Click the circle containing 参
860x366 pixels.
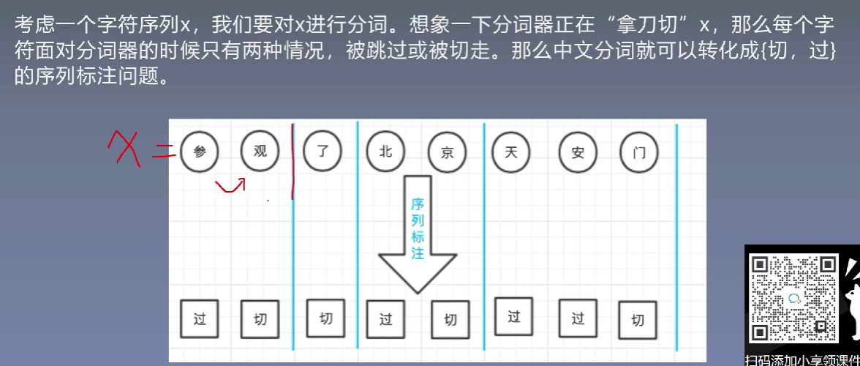coord(200,152)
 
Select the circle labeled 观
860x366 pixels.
coord(260,151)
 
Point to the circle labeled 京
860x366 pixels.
coord(447,154)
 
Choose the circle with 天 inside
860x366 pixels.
coord(510,152)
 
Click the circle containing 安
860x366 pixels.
coord(578,154)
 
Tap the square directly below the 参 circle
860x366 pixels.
coord(200,319)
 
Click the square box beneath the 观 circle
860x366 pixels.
coord(260,319)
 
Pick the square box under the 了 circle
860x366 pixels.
coord(325,318)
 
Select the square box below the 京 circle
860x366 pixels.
coord(450,320)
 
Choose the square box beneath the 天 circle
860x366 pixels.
coord(514,316)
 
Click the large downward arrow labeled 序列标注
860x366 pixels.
coord(418,234)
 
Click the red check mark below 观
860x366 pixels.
coord(230,187)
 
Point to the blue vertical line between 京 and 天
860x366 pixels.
coord(484,238)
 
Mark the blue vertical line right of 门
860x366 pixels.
coord(676,238)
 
